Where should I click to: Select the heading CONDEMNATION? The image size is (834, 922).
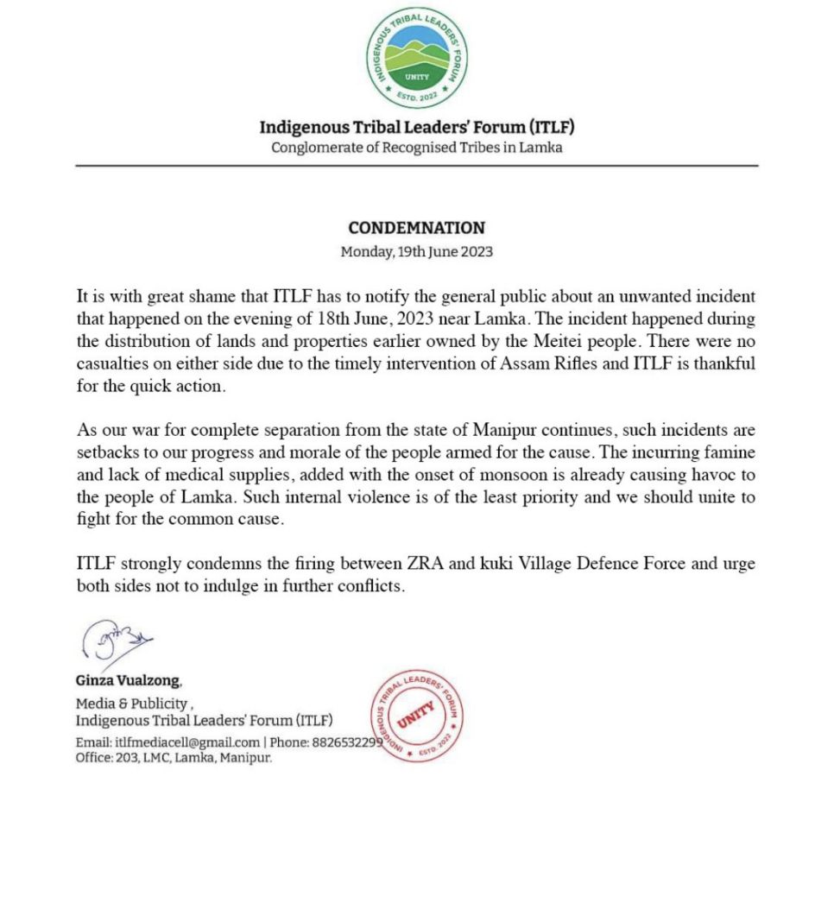coord(416,228)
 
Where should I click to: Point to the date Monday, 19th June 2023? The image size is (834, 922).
coord(416,253)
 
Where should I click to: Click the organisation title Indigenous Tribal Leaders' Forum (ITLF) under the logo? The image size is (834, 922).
coord(417,127)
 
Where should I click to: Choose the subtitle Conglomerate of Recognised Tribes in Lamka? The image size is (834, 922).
coord(417,147)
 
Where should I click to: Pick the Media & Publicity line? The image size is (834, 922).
coord(131,704)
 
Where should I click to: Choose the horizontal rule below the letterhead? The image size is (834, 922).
coord(417,166)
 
